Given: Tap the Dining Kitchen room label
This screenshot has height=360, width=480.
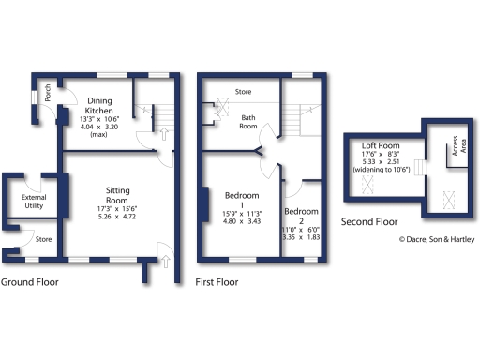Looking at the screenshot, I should [99, 106].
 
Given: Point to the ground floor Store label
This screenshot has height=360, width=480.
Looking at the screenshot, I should [43, 239].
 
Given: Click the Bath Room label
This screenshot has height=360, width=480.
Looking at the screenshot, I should [248, 122].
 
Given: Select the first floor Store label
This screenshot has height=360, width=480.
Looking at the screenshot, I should [244, 92].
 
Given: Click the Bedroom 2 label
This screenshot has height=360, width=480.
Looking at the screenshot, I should [302, 212].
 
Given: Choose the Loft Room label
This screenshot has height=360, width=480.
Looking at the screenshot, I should [382, 146].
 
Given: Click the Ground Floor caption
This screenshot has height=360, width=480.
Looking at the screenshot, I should [32, 281].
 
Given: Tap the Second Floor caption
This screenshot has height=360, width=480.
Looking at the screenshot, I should [369, 222].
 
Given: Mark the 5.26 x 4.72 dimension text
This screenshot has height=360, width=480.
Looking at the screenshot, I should [118, 217].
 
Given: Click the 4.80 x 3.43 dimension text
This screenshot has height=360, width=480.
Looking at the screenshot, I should [242, 223].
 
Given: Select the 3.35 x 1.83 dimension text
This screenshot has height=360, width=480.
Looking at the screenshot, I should [302, 237].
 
